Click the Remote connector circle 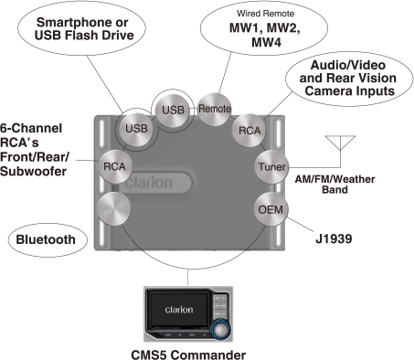[215, 107]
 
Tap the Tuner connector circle [271, 168]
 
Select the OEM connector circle [271, 209]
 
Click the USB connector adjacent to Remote [173, 110]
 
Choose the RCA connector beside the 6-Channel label [115, 166]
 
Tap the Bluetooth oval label [46, 241]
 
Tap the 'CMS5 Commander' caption [200, 352]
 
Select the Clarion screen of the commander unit [178, 310]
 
